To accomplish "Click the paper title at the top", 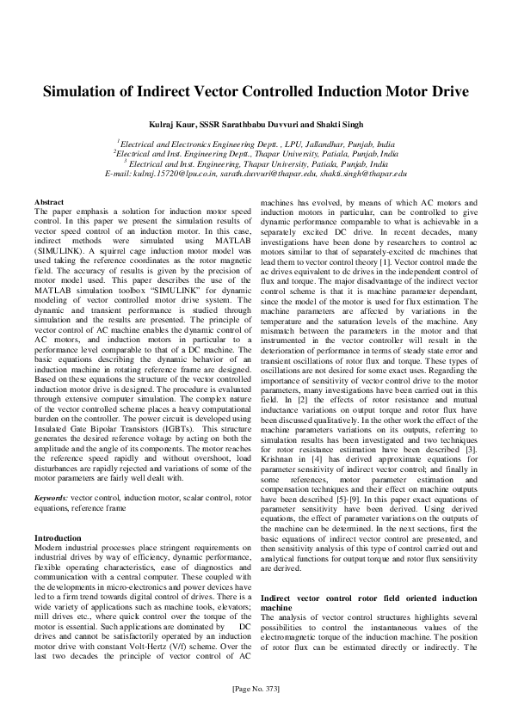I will coord(256,91).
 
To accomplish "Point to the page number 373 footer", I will coord(256,689).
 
